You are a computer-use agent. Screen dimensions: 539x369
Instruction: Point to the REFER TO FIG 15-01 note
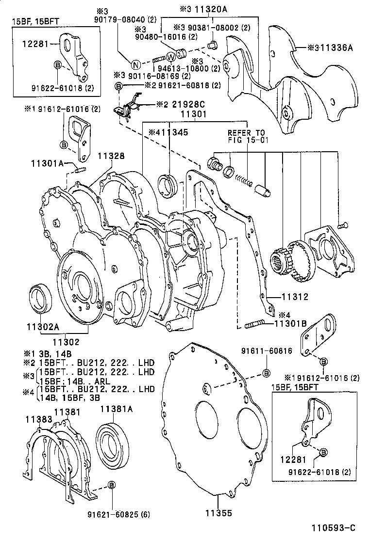coord(247,137)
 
